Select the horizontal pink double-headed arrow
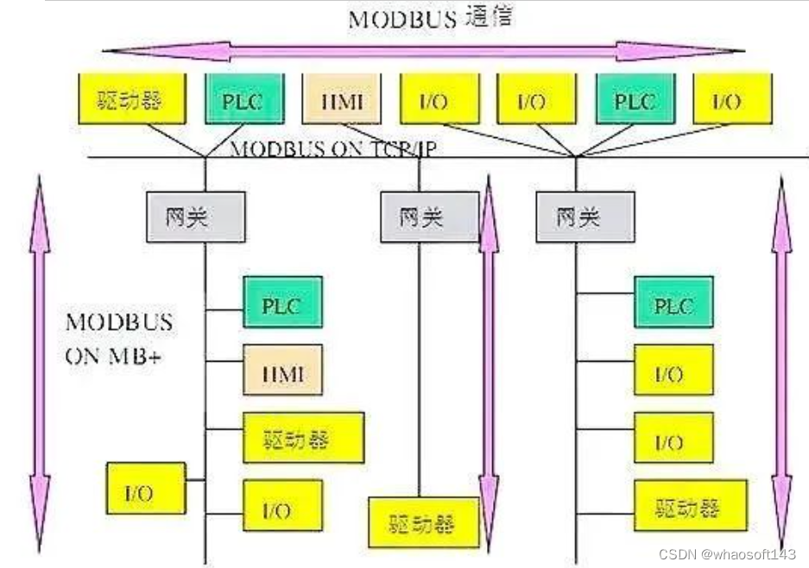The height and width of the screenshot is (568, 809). (x=422, y=51)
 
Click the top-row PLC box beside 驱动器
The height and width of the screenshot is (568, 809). (x=244, y=99)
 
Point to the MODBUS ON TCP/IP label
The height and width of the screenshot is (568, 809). (x=332, y=148)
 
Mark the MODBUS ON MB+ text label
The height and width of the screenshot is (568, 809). (x=119, y=339)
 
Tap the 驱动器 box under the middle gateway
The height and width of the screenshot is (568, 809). (x=423, y=522)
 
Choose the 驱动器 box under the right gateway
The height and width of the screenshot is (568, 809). (x=687, y=506)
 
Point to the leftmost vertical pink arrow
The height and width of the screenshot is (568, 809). (x=40, y=363)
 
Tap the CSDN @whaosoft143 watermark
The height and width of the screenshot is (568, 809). (x=726, y=553)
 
